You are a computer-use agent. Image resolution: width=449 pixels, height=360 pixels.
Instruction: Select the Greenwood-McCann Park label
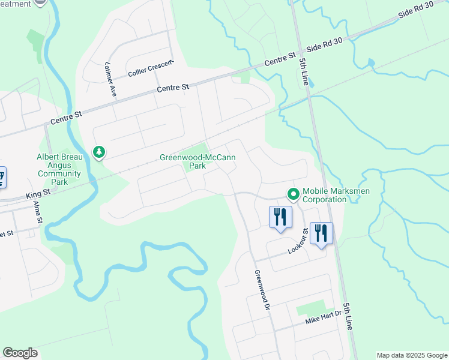197,162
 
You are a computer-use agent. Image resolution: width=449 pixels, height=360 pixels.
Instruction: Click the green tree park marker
99,152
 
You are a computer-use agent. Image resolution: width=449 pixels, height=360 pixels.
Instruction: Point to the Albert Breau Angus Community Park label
58,169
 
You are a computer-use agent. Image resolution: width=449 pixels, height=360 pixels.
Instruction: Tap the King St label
37,196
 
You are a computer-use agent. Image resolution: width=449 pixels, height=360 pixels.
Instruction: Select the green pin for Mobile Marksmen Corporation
294,194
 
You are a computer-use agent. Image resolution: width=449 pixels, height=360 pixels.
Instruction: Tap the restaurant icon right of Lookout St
322,233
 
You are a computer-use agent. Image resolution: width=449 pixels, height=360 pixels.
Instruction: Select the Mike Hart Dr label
323,317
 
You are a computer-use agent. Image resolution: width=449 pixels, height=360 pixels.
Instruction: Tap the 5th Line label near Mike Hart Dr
348,315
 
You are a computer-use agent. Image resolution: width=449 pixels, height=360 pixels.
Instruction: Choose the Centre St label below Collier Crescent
173,88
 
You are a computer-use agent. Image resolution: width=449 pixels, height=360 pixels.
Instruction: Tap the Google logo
20,353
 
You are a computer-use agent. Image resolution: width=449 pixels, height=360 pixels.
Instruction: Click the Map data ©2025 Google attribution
412,355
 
